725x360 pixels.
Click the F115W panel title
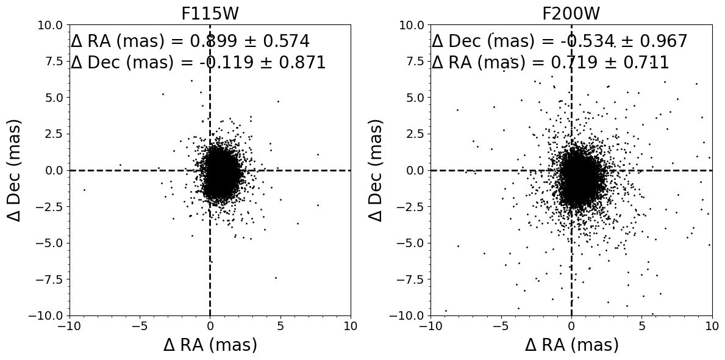point(210,14)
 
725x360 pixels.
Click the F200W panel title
point(571,14)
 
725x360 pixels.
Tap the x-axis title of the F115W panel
point(210,345)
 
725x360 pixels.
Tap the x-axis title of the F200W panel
point(571,345)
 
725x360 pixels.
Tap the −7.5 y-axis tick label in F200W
point(412,279)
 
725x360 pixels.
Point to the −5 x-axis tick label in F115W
point(140,325)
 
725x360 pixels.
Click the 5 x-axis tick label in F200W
point(641,325)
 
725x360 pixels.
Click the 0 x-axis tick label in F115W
point(210,325)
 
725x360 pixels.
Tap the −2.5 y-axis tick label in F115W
point(51,207)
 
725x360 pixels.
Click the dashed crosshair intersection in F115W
point(210,170)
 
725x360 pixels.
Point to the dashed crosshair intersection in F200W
point(571,170)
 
